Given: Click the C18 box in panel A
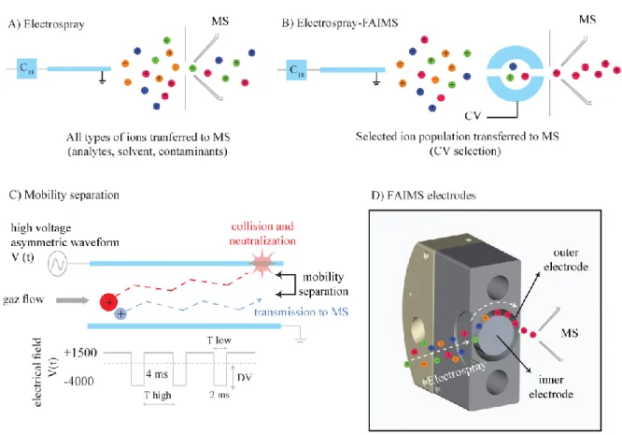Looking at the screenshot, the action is coord(27,68).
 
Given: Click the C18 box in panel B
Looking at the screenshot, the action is coord(297,69).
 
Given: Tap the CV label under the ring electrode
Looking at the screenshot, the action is coord(473,116).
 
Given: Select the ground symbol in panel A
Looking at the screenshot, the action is coord(103,79).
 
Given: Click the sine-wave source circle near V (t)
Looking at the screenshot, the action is coord(57,264).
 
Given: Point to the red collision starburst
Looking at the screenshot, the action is coord(262,264).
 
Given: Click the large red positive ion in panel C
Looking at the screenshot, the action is coord(108,302).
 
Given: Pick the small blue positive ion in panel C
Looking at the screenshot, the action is coord(120,313).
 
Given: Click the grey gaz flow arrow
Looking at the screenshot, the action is coord(73,300).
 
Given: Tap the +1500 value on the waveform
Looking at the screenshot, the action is coord(80,353).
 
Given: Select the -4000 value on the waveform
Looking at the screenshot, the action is coord(79,382).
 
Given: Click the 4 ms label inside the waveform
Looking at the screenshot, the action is coord(157,374).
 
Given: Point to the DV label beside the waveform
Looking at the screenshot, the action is coord(245,377).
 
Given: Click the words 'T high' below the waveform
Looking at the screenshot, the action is coord(158,395).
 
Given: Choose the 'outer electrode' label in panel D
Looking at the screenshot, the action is coord(566,259).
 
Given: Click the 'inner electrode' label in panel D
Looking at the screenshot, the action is coord(551,387).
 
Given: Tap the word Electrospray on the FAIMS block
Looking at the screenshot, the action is coord(457,373).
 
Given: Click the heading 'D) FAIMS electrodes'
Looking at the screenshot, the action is coord(424,196).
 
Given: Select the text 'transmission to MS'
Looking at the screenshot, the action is coord(301,312).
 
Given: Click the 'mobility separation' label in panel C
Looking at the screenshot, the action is coord(323,284).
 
